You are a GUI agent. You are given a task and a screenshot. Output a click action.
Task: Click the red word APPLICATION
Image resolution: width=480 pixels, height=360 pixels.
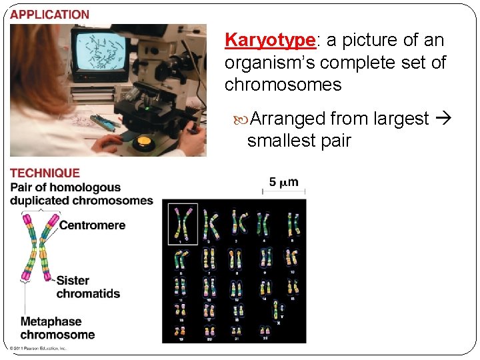[x=49, y=14]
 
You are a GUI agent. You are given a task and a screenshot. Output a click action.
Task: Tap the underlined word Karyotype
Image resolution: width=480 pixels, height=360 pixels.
[x=269, y=40]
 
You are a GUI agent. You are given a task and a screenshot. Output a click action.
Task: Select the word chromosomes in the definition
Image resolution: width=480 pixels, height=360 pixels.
[x=283, y=85]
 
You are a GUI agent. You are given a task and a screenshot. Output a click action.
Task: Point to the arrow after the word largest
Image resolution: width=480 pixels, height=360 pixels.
[x=442, y=119]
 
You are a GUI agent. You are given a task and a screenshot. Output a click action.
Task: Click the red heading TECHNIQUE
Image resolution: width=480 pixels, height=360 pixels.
[x=45, y=173]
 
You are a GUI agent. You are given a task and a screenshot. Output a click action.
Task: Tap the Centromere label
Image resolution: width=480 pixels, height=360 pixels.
[x=92, y=225]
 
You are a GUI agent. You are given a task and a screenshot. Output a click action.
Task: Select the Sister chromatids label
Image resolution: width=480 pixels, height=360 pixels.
[x=88, y=287]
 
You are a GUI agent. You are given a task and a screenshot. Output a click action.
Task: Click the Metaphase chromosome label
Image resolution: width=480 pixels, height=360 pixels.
[x=57, y=328]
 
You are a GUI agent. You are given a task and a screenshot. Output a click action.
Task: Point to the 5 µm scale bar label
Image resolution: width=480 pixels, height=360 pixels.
[x=283, y=181]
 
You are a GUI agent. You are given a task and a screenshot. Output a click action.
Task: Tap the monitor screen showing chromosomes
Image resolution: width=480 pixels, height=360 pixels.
[x=100, y=52]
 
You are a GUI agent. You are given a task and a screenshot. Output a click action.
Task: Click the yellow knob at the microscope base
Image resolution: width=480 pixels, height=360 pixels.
[x=143, y=141]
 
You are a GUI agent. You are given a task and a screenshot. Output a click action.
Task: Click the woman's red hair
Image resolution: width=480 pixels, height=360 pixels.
[x=40, y=80]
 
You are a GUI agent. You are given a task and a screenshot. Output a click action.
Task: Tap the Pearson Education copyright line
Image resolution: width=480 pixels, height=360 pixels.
[x=37, y=348]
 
